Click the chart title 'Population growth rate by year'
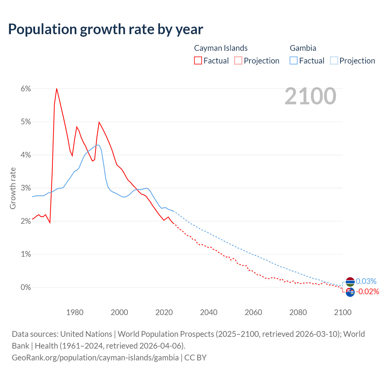pyautogui.click(x=106, y=29)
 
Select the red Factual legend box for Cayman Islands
pyautogui.click(x=198, y=60)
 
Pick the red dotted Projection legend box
pyautogui.click(x=238, y=60)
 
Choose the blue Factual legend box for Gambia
pyautogui.click(x=294, y=60)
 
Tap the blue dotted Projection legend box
pyautogui.click(x=334, y=60)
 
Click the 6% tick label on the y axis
pyautogui.click(x=26, y=89)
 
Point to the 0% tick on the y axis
pyautogui.click(x=26, y=287)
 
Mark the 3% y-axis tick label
pyautogui.click(x=26, y=188)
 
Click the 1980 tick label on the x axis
pyautogui.click(x=75, y=312)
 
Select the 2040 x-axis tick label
pyautogui.click(x=209, y=312)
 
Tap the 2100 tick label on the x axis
pyautogui.click(x=343, y=312)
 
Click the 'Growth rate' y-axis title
pyautogui.click(x=13, y=188)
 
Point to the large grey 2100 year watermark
pyautogui.click(x=310, y=96)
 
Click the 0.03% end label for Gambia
pyautogui.click(x=366, y=281)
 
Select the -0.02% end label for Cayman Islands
pyautogui.click(x=367, y=291)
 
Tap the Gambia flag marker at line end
pyautogui.click(x=350, y=282)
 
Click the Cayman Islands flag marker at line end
pyautogui.click(x=350, y=292)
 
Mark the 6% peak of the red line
pyautogui.click(x=57, y=89)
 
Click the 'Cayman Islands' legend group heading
pyautogui.click(x=221, y=48)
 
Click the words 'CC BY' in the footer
pyautogui.click(x=195, y=357)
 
